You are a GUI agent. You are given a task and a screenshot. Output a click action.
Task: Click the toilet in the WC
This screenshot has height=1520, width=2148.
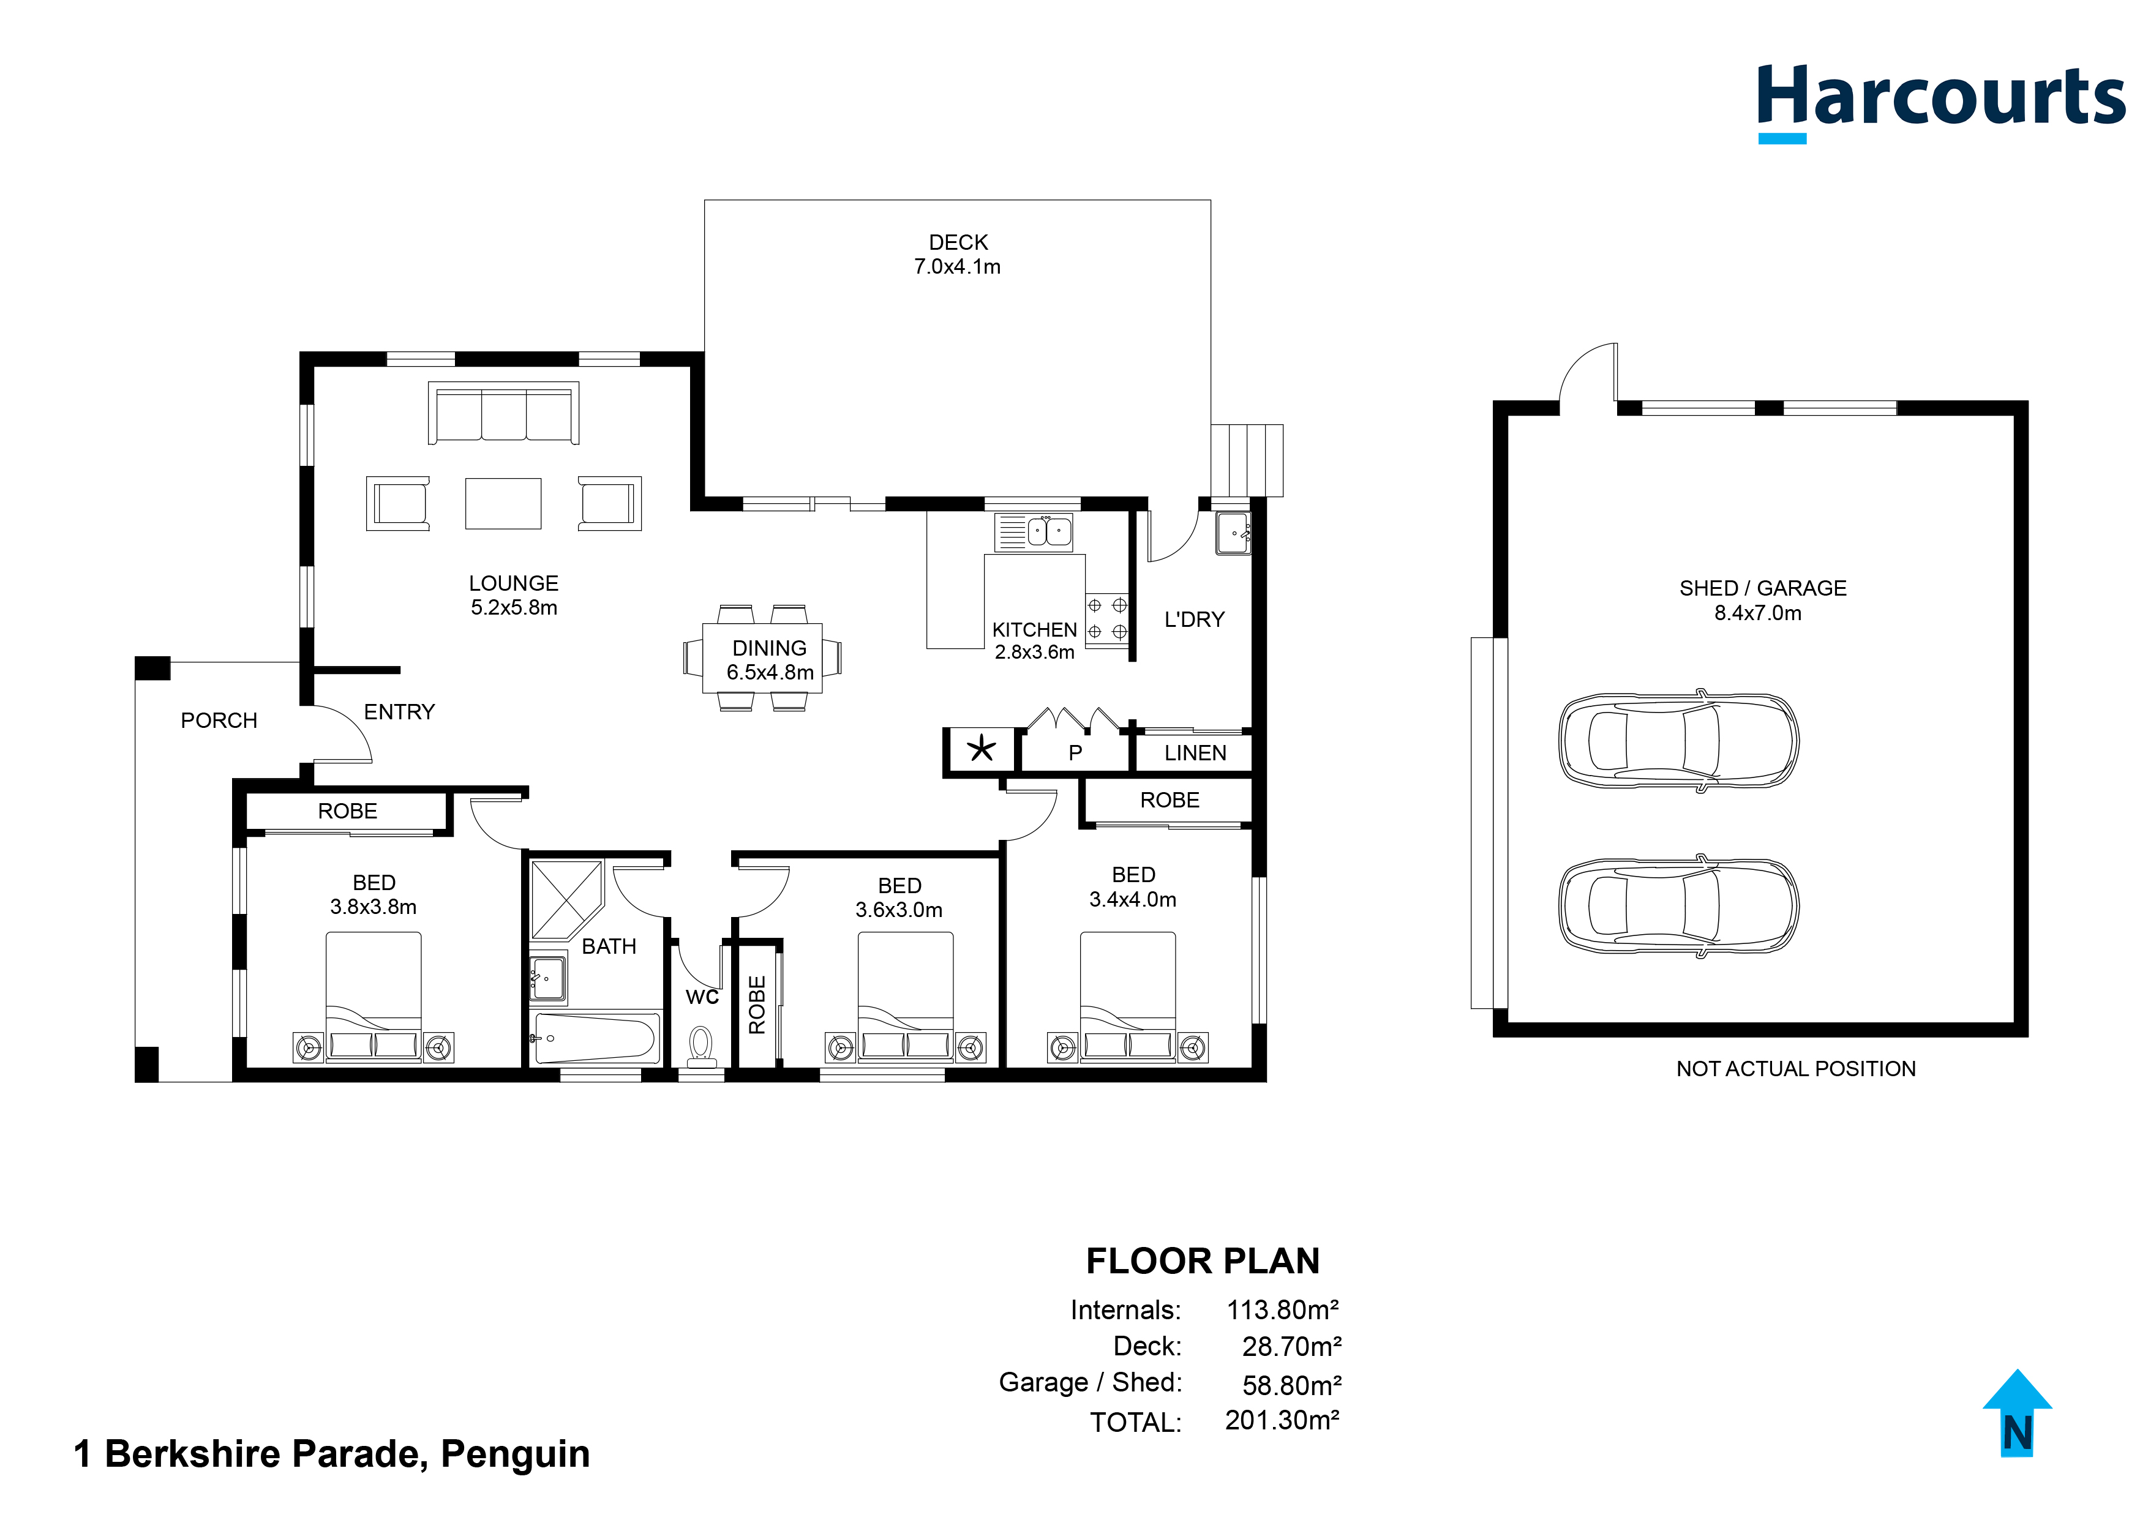[701, 1046]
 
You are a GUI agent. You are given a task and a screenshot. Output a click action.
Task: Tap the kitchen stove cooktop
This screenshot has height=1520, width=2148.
[1106, 619]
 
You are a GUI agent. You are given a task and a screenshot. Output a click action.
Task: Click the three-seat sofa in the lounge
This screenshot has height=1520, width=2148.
[503, 413]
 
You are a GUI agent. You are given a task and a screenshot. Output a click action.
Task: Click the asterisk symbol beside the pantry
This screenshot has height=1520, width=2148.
[981, 749]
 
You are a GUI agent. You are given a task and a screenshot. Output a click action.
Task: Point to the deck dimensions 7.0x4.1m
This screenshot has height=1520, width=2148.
[958, 267]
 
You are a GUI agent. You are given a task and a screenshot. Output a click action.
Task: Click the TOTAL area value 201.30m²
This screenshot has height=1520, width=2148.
[1282, 1420]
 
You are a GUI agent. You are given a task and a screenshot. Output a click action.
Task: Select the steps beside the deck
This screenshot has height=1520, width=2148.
[1247, 460]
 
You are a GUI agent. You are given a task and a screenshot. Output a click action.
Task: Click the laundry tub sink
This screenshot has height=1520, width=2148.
[1233, 533]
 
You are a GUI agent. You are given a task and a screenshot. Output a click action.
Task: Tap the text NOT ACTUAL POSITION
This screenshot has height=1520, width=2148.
[1795, 1069]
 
